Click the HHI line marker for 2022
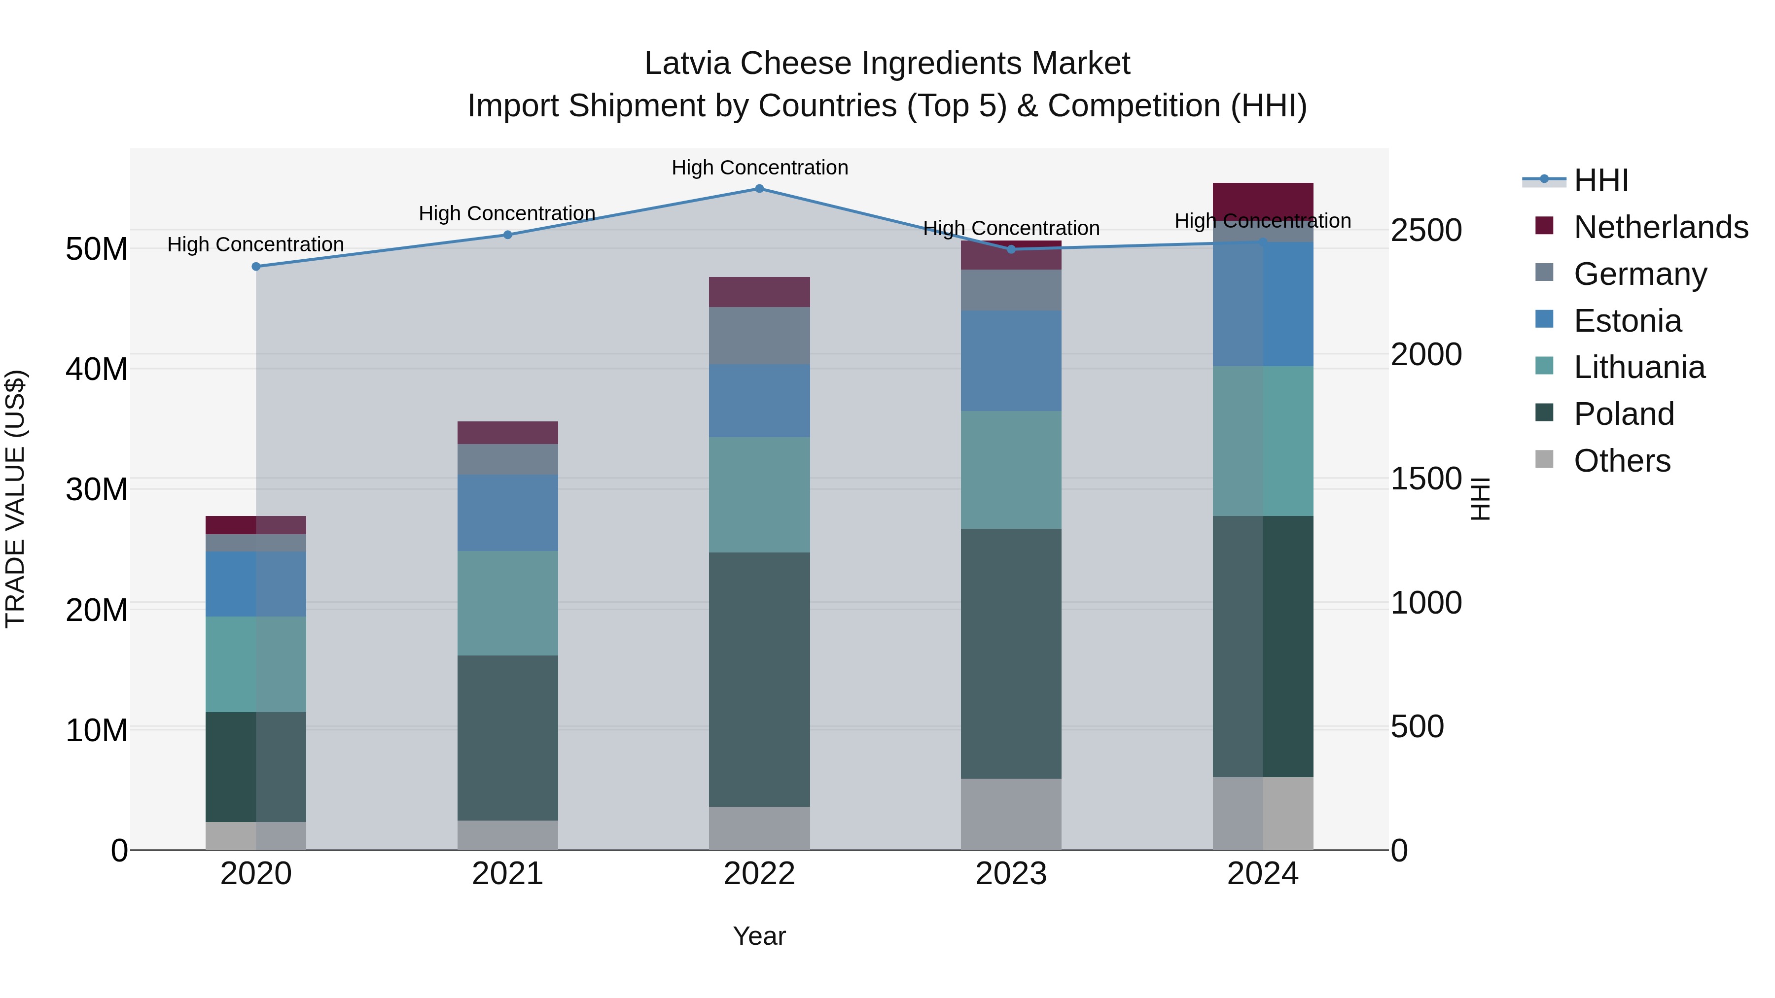click(759, 189)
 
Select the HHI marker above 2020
click(255, 267)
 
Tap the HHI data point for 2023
click(1011, 249)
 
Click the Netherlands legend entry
click(1661, 227)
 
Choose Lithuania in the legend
click(1638, 367)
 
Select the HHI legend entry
click(1600, 180)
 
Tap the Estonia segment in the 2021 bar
click(508, 513)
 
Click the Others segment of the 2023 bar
click(1011, 814)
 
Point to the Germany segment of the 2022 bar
click(759, 336)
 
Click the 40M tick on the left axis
click(97, 370)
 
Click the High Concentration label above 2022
click(759, 168)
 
